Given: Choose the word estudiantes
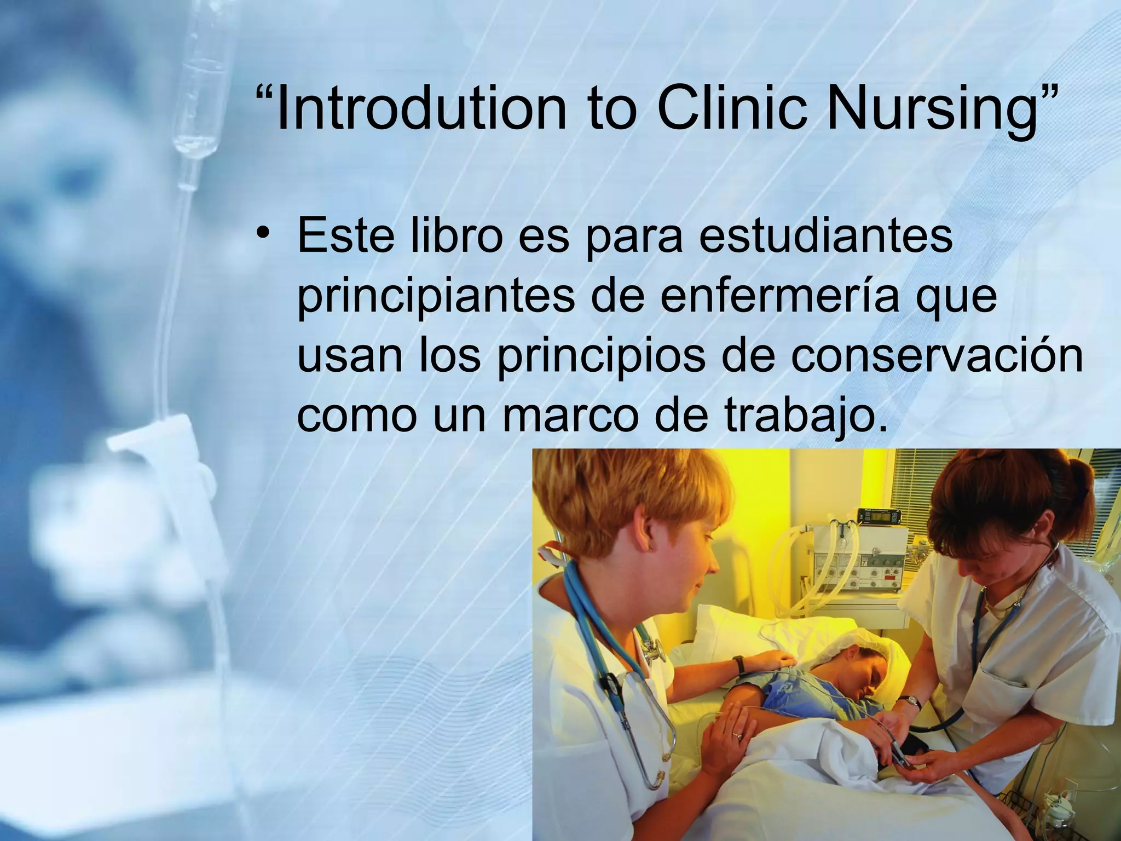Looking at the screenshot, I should click(826, 235).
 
